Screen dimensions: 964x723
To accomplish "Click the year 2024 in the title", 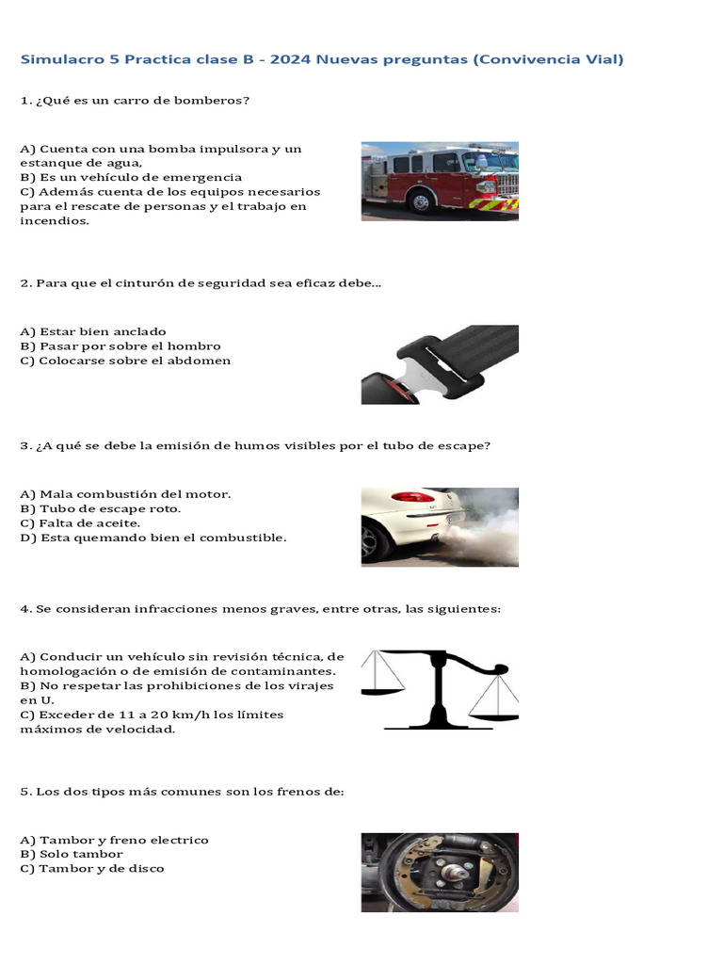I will (292, 60).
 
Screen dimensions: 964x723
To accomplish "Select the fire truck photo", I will (440, 181).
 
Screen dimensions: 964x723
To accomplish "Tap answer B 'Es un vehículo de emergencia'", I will (131, 177).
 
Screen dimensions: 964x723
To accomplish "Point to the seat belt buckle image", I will (440, 364).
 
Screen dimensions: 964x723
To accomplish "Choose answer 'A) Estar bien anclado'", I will (92, 331).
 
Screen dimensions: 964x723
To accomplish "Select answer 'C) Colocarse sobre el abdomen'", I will (124, 361).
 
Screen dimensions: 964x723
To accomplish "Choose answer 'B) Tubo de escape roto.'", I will (100, 508).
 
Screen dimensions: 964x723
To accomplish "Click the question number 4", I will (24, 609).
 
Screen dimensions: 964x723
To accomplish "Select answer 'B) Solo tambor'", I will (71, 854).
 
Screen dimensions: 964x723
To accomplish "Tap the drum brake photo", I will (440, 872).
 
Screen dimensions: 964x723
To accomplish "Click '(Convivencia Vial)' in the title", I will (549, 60).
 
